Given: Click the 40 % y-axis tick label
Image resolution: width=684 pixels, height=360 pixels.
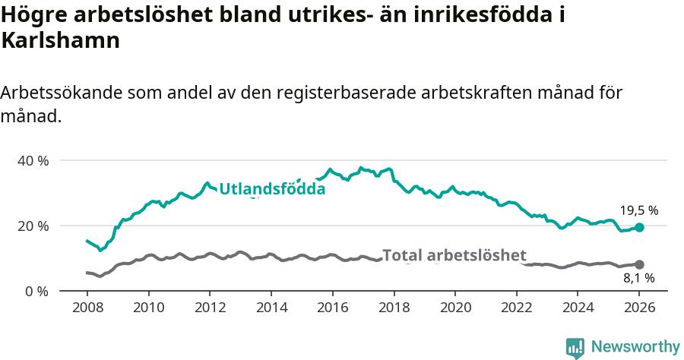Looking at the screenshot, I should [x=33, y=161].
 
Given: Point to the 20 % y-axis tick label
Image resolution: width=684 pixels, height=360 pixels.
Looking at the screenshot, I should [x=33, y=226].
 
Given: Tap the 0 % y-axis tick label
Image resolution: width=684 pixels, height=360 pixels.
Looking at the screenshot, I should [x=36, y=291].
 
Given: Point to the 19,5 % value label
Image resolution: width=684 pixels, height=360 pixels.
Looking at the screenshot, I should [x=638, y=210].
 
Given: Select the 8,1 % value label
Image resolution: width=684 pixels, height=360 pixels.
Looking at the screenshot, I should [x=638, y=278].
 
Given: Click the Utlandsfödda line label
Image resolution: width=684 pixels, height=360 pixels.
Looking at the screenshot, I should [x=272, y=189].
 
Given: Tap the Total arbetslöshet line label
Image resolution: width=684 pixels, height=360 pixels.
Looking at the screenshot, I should [x=454, y=255].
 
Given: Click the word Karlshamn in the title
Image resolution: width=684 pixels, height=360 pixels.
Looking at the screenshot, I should [x=61, y=41].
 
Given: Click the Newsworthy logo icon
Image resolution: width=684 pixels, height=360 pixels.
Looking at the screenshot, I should [x=575, y=347].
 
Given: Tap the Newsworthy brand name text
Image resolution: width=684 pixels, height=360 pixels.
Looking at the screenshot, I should [x=635, y=347].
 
